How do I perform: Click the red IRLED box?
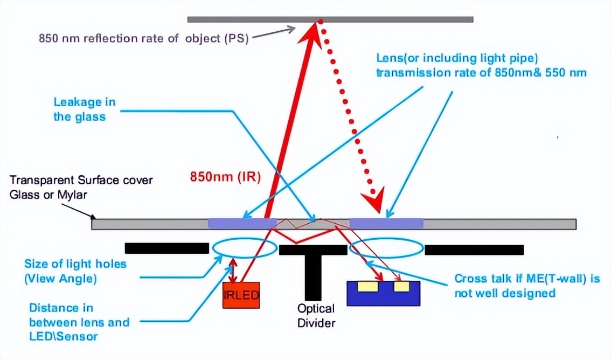[241, 295]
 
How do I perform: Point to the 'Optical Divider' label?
[316, 316]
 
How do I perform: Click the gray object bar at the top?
[330, 19]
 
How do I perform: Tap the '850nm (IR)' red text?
[225, 177]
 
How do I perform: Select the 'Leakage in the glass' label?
[85, 109]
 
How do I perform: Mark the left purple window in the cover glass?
[241, 224]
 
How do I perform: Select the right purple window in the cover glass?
[386, 224]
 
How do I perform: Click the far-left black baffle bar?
[166, 248]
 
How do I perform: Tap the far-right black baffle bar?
[474, 250]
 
